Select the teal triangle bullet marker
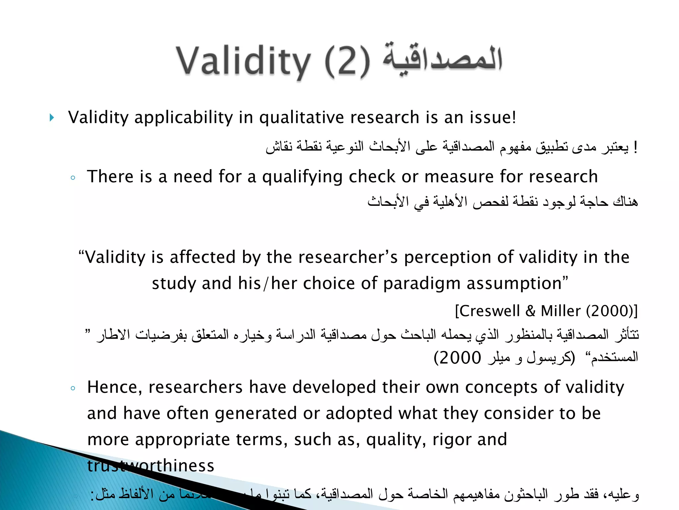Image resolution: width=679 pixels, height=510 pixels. (52, 118)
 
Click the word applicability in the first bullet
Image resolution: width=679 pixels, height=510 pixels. (184, 118)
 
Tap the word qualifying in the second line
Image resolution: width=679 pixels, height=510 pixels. (302, 177)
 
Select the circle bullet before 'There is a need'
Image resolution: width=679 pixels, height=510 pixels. (73, 178)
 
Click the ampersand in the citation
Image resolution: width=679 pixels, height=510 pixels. (530, 311)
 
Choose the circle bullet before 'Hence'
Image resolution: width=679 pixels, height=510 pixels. (73, 388)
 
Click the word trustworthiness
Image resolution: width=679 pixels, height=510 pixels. (151, 466)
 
